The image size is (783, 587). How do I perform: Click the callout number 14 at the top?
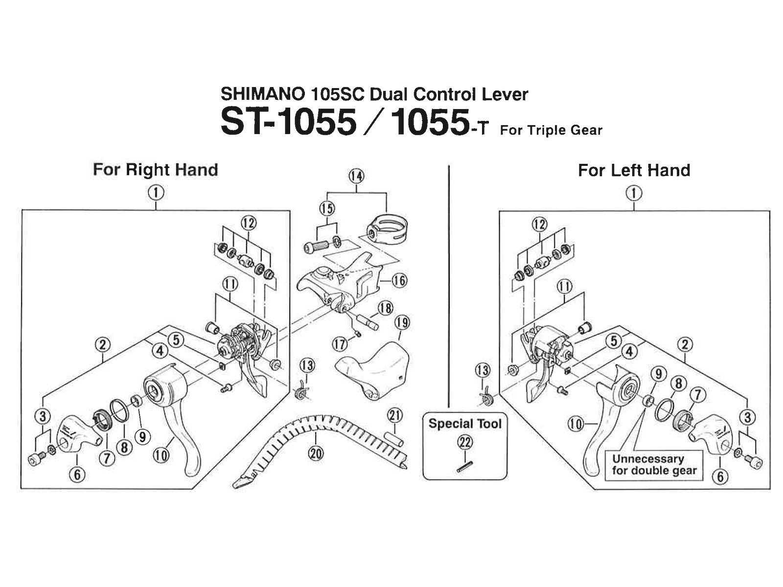pos(357,176)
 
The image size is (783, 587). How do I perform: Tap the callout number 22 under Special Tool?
pos(464,443)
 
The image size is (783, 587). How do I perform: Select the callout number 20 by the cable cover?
pos(317,453)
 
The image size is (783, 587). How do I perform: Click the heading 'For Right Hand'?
pos(155,170)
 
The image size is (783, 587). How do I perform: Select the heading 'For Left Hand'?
pos(634,170)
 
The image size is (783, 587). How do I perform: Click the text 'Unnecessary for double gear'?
pos(654,465)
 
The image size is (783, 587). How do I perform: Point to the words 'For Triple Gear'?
pos(551,131)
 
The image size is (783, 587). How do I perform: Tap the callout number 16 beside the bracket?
pos(399,280)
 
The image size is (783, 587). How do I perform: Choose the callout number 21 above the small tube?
pos(394,416)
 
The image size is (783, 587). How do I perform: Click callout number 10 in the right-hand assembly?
pos(161,455)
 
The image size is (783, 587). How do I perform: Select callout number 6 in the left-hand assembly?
pos(720,476)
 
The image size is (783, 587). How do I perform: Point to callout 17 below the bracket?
pos(341,344)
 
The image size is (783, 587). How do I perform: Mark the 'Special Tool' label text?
pos(465,423)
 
